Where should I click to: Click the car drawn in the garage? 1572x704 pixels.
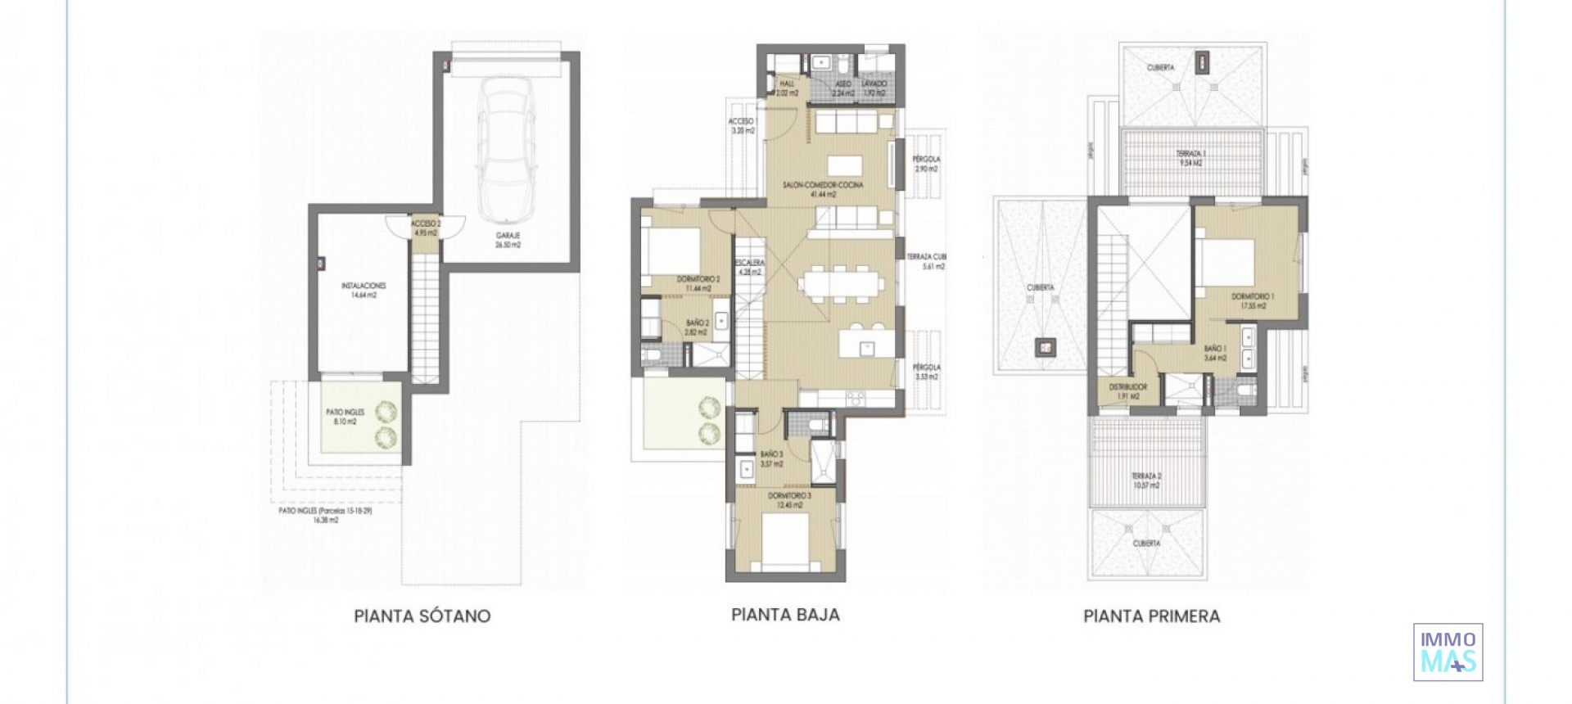[x=507, y=150]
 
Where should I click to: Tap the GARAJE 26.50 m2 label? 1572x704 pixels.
[x=508, y=240]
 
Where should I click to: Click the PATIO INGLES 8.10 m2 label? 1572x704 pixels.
[x=345, y=417]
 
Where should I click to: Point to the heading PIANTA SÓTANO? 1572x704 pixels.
[x=422, y=616]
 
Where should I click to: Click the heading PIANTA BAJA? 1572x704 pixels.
[x=785, y=614]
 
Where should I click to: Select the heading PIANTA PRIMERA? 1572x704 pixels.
[x=1151, y=616]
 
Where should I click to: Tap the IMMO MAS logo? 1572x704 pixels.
[x=1448, y=652]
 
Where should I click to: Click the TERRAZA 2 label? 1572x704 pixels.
[x=1146, y=480]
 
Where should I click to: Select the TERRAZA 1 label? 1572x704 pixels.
[x=1190, y=158]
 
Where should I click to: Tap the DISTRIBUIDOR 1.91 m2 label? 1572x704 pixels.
[x=1127, y=391]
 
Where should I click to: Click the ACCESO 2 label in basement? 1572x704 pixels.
[x=426, y=228]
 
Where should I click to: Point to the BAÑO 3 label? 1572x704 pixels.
[x=771, y=458]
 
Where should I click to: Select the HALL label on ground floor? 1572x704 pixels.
[x=787, y=88]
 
